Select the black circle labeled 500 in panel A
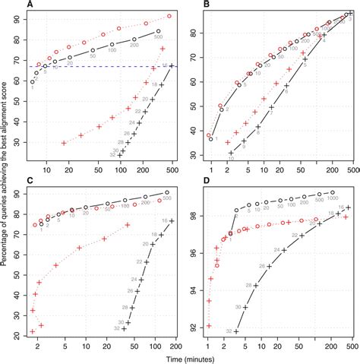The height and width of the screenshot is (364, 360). (x=159, y=31)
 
